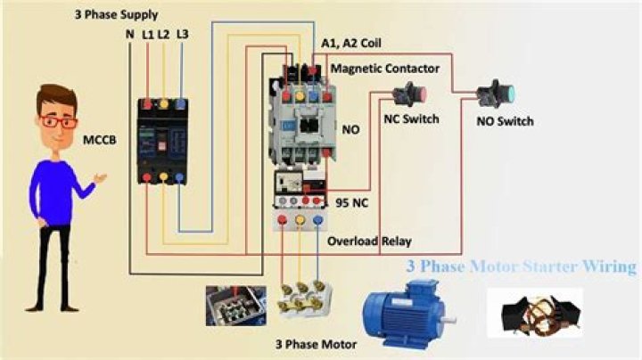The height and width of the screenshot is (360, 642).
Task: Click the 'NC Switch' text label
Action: [x=411, y=119]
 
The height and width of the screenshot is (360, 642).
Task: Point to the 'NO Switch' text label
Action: [x=505, y=120]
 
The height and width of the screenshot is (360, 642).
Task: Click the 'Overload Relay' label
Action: [x=369, y=241]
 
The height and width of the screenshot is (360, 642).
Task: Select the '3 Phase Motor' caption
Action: [x=316, y=344]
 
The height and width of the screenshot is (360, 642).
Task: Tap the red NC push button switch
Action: [x=411, y=94]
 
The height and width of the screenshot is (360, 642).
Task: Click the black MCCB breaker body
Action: [x=162, y=141]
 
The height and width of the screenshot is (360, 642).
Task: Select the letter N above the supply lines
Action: [x=129, y=34]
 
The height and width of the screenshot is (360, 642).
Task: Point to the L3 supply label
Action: [x=182, y=34]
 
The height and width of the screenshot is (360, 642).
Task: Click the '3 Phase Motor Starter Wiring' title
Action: [x=522, y=266]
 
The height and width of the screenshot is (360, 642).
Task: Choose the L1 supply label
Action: [x=148, y=34]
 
